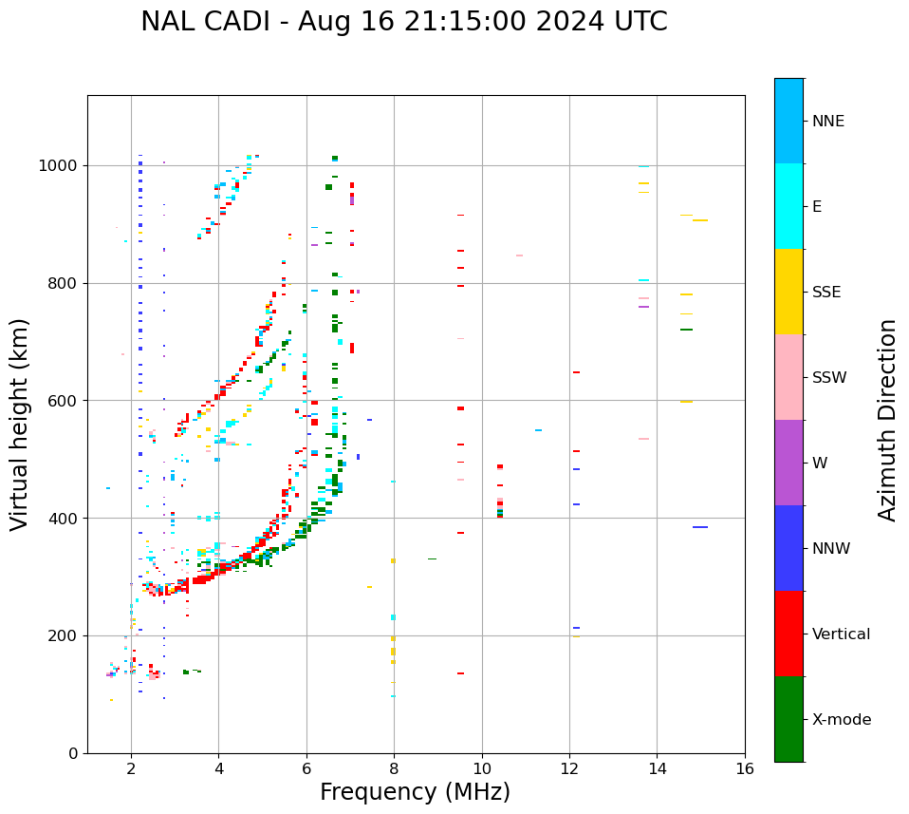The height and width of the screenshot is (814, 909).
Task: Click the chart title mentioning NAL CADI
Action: tap(403, 22)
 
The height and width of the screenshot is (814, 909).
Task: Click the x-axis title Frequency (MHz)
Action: tap(415, 792)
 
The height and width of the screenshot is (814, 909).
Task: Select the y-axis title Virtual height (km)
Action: tap(20, 424)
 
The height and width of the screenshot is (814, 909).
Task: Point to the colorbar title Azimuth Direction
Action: tap(887, 420)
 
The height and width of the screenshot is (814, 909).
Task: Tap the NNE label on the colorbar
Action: tap(827, 122)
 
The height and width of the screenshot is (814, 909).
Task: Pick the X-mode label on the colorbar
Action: tap(841, 720)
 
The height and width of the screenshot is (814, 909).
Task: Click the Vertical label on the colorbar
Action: tap(841, 634)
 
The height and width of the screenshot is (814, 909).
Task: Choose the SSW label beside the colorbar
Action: tap(828, 378)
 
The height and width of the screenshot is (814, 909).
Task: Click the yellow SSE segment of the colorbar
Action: tap(788, 291)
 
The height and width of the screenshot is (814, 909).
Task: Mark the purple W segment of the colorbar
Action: tap(788, 463)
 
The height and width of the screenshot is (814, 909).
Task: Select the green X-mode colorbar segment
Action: tap(788, 719)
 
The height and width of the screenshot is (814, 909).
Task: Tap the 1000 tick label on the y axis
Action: tap(62, 166)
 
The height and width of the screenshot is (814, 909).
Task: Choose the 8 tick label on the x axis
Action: tap(394, 768)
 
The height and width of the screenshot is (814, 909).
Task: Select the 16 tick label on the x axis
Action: tap(745, 768)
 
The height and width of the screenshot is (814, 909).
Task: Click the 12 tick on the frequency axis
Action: tap(569, 768)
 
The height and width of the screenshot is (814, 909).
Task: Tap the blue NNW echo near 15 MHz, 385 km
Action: tap(700, 527)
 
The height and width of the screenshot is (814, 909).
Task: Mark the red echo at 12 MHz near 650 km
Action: tap(576, 372)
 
